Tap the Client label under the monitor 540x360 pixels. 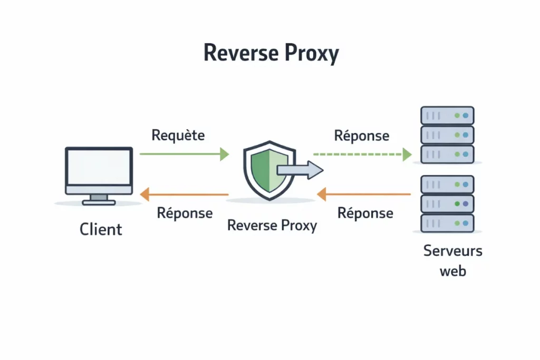coord(101,229)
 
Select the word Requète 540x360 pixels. coord(178,135)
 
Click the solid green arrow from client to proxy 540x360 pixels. coord(184,154)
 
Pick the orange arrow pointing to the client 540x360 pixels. coord(184,196)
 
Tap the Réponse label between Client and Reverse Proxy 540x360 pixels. coord(185,213)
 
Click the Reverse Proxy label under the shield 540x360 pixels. coord(272,226)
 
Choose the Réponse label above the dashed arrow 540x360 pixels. coord(362,135)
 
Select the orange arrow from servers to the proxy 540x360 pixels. coord(364,195)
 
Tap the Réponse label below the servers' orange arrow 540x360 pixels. coord(365,213)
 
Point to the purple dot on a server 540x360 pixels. coord(465,203)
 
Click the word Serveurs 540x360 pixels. coord(452,251)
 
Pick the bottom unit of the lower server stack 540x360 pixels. coord(447,222)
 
